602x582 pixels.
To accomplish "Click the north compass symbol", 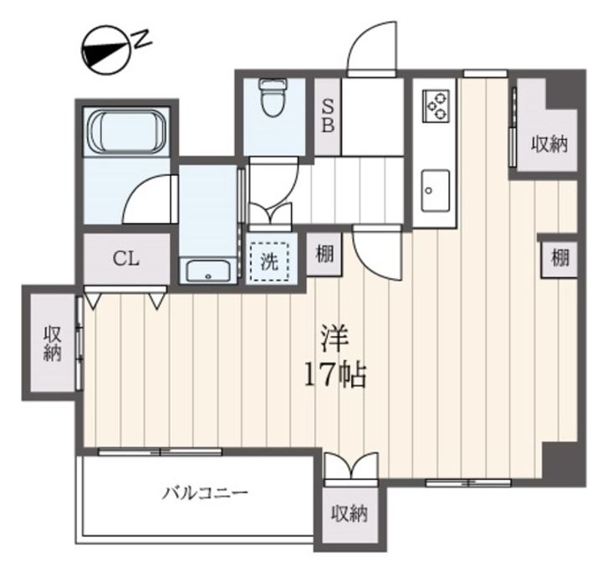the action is pyautogui.click(x=105, y=50).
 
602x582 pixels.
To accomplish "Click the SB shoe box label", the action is pyautogui.click(x=328, y=116).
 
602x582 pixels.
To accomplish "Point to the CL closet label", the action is pyautogui.click(x=126, y=259).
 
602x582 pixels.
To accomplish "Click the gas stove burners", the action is pyautogui.click(x=436, y=106).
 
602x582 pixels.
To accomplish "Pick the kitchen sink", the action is pyautogui.click(x=436, y=191).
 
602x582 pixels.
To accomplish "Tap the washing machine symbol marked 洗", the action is pyautogui.click(x=269, y=262).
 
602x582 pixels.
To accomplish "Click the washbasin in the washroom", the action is pyautogui.click(x=208, y=271).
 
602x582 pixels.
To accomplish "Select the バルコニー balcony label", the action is pyautogui.click(x=205, y=492).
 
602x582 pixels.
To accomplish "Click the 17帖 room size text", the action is pyautogui.click(x=335, y=375).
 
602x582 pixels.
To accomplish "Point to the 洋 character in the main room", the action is pyautogui.click(x=334, y=338).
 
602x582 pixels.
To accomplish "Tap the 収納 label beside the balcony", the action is pyautogui.click(x=349, y=513).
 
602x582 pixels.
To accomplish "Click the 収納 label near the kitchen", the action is pyautogui.click(x=549, y=144).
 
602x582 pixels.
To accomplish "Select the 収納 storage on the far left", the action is pyautogui.click(x=53, y=343).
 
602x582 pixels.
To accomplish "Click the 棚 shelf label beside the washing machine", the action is pyautogui.click(x=324, y=254).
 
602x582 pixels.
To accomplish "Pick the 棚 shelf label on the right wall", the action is pyautogui.click(x=559, y=258).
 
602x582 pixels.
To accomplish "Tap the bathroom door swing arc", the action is pyautogui.click(x=138, y=188).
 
